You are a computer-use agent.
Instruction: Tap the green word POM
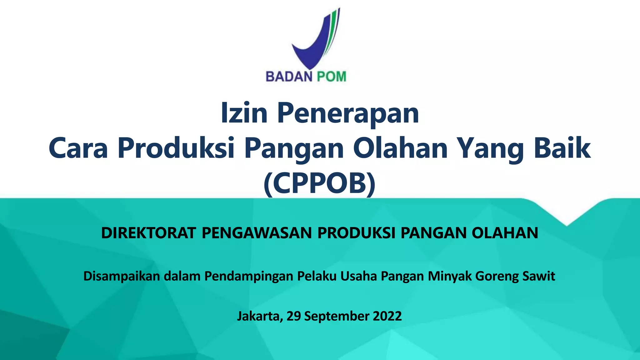[x=332, y=77]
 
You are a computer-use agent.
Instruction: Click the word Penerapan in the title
[x=348, y=113]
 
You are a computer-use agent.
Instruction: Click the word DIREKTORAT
[x=148, y=233]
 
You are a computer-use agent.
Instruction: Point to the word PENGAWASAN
[x=257, y=233]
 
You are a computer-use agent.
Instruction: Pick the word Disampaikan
[x=122, y=276]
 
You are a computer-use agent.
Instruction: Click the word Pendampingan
[x=249, y=276]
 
